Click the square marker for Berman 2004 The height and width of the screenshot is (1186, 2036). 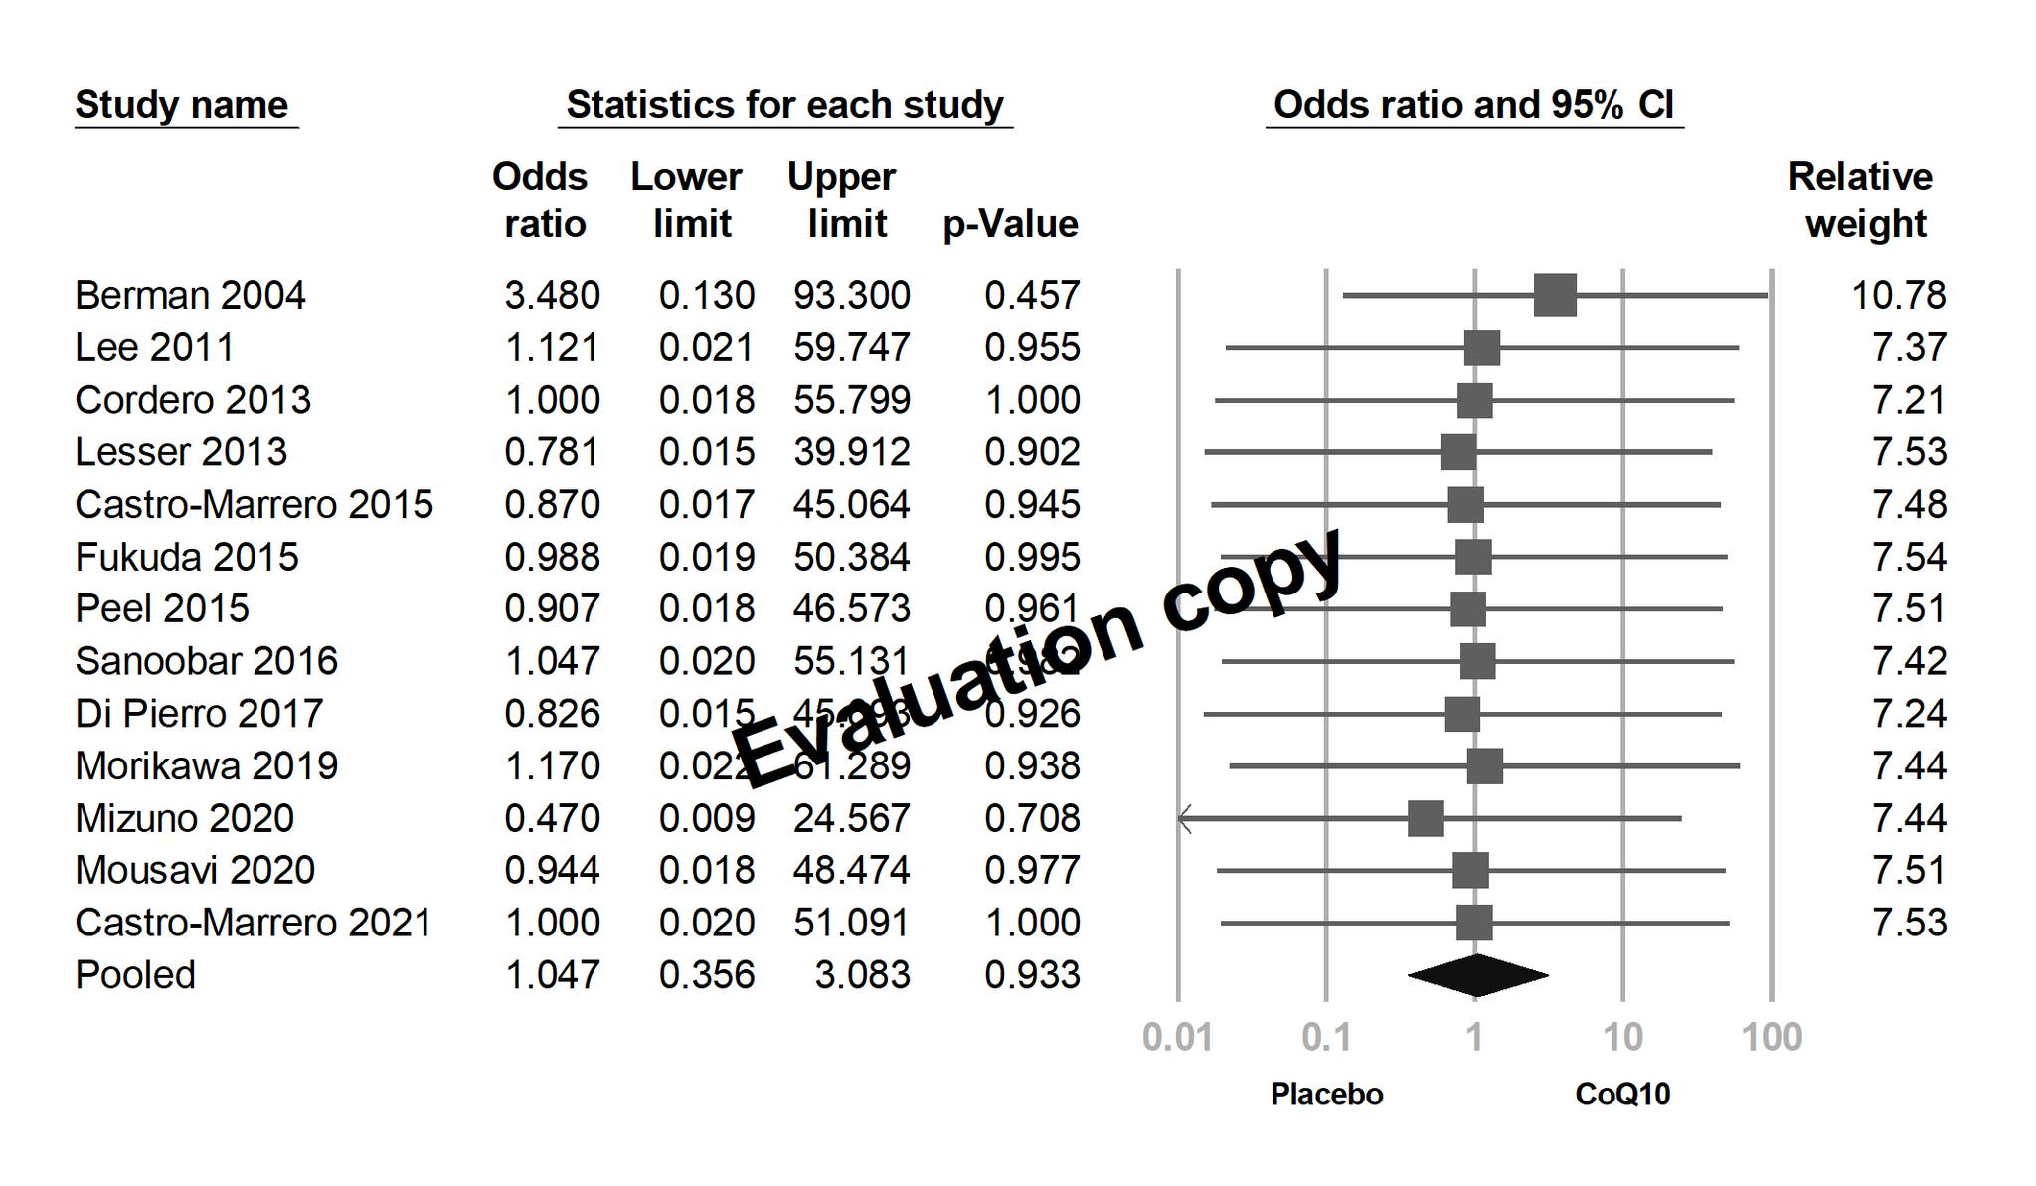click(1555, 296)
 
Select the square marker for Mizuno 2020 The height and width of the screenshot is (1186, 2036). click(1426, 819)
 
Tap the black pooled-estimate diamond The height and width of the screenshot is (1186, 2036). click(1477, 975)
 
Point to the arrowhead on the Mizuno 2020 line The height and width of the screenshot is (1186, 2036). click(1184, 819)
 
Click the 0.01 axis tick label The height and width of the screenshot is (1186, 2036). click(1177, 1038)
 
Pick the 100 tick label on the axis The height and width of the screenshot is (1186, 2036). click(1772, 1038)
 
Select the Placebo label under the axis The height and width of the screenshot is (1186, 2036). click(1326, 1095)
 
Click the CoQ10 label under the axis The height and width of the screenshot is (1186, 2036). click(1622, 1095)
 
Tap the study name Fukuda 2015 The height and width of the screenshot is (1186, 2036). click(187, 557)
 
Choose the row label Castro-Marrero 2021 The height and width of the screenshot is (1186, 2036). click(254, 923)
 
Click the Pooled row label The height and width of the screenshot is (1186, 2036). click(135, 975)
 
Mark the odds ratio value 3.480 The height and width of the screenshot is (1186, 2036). click(552, 296)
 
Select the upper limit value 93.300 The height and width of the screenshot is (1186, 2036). click(851, 296)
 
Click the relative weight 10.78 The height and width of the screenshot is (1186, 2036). click(1898, 296)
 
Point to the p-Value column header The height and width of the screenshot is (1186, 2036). click(1010, 224)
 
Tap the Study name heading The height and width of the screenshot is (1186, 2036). click(182, 105)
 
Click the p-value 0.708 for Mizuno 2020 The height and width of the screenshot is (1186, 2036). click(1032, 819)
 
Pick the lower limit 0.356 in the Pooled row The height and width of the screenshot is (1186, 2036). click(706, 975)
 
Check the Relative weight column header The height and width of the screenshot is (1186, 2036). click(1861, 200)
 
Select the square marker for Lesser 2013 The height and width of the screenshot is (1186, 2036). click(1458, 452)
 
